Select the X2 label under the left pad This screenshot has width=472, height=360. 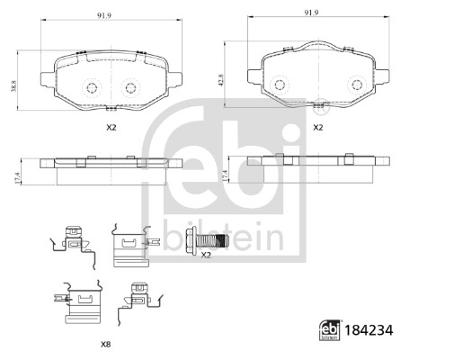111,128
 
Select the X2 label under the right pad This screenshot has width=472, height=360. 317,128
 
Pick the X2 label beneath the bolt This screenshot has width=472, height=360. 205,256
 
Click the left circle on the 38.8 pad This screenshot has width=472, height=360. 92,88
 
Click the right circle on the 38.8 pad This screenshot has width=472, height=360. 131,88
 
